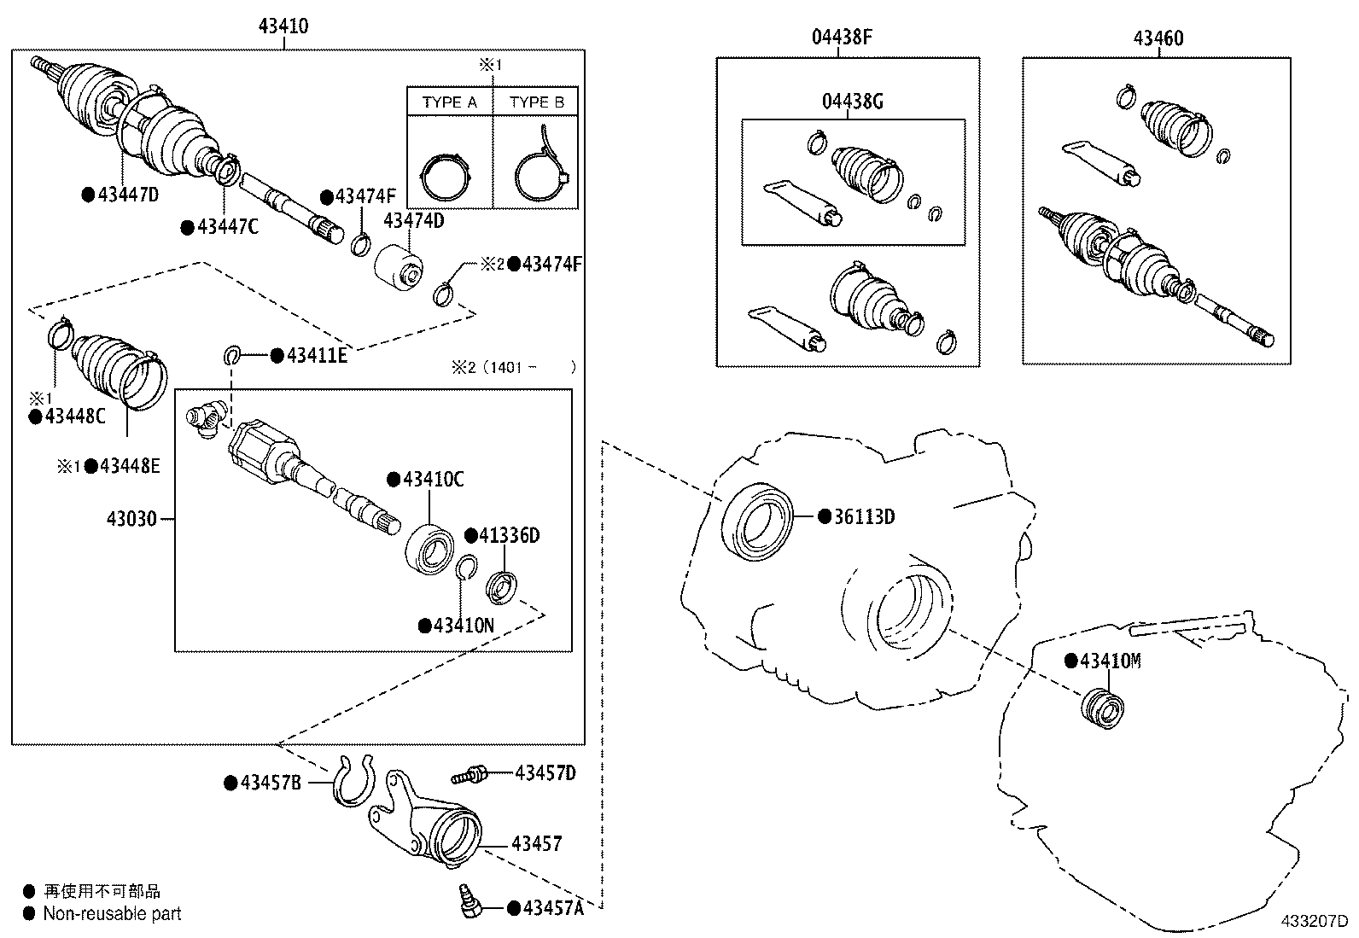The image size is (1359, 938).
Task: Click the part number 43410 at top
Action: coord(283,26)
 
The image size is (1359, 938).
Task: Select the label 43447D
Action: coord(128,195)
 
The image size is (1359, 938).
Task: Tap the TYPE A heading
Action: coord(450,102)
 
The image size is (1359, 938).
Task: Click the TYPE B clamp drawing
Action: coord(540,168)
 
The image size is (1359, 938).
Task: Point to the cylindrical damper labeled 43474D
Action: coord(398,265)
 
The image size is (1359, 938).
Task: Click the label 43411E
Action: coord(316,356)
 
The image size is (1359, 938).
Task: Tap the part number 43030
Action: coord(131,518)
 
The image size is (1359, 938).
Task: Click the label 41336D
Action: coord(509,536)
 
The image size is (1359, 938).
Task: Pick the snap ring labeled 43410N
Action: coord(465,568)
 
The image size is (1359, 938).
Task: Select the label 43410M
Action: coord(1110,661)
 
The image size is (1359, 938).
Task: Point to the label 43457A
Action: coord(552,908)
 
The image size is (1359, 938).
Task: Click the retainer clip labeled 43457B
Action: coord(353,781)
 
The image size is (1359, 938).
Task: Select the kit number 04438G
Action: coord(852,102)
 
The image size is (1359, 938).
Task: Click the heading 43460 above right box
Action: coord(1158,38)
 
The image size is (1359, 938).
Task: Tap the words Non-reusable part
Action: coord(113,914)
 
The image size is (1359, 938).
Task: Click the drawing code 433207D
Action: coord(1313,922)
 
